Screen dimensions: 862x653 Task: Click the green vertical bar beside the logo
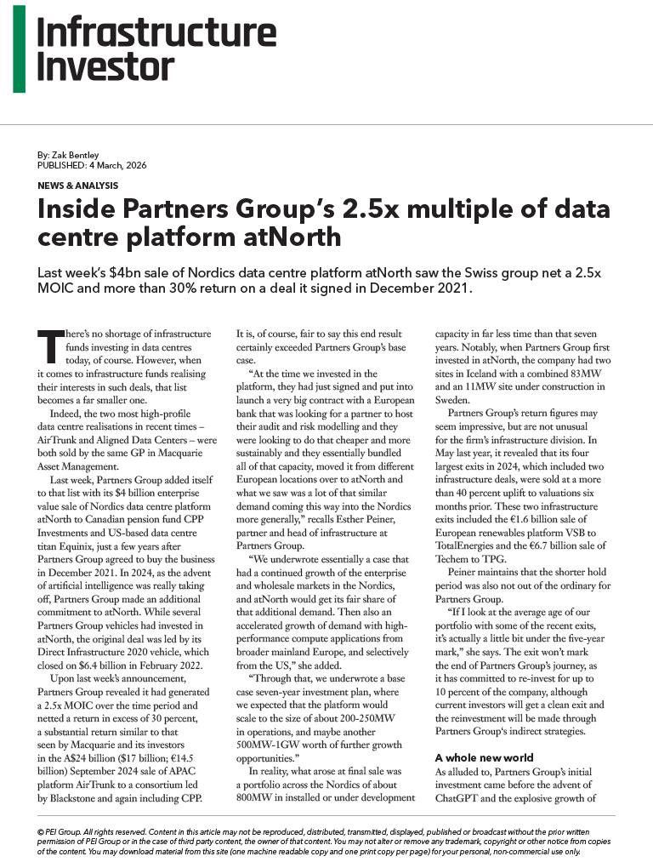(x=19, y=50)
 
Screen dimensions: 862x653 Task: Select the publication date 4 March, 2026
(x=116, y=165)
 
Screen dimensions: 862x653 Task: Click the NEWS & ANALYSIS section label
(x=77, y=186)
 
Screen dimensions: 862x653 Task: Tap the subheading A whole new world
(x=484, y=756)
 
